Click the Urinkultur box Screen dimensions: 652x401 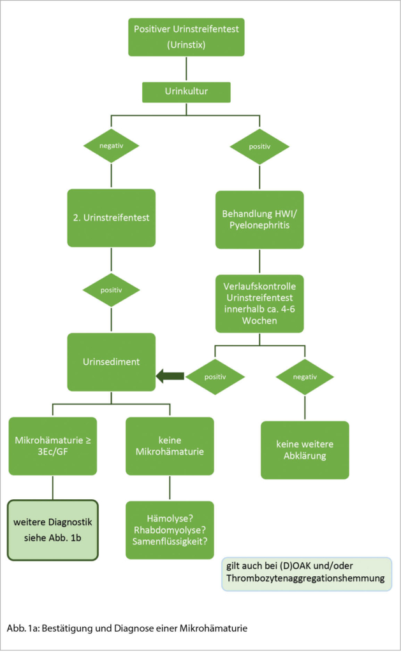pos(186,92)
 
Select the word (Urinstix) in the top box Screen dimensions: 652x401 pos(186,45)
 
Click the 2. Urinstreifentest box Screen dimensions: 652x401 pos(112,218)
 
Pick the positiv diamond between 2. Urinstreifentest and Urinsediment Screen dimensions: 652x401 pos(112,290)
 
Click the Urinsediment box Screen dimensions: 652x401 pos(112,361)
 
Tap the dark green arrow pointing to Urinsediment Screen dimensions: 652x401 pos(170,376)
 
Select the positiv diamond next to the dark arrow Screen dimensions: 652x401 pos(215,376)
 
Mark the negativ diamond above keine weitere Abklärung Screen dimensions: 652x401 pos(305,376)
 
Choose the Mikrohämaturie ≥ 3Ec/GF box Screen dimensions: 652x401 pos(52,446)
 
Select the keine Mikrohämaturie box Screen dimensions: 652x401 pos(170,446)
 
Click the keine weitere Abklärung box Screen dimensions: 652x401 pos(305,450)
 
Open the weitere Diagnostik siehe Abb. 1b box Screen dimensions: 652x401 pos(53,530)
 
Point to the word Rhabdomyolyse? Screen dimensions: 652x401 pos(170,530)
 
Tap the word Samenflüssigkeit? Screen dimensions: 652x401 pos(170,542)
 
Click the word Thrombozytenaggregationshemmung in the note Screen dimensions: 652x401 pos(305,578)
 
